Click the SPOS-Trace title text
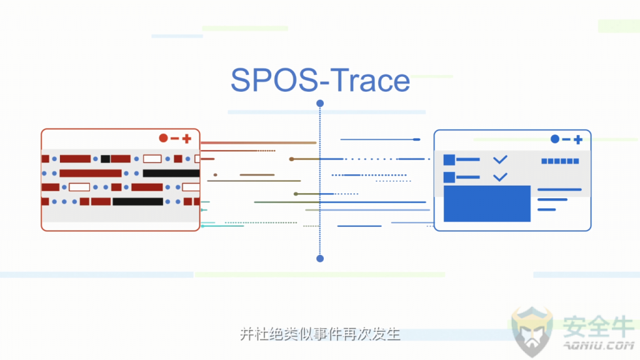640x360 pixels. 321,80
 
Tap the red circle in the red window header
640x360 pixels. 163,138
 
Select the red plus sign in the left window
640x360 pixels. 187,139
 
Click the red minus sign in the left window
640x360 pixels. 175,139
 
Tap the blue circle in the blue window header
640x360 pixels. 555,139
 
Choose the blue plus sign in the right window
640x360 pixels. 578,140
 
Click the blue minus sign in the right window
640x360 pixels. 566,139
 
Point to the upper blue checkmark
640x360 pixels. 500,159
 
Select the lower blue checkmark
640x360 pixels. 500,177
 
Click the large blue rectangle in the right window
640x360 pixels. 487,204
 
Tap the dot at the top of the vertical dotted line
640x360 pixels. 320,103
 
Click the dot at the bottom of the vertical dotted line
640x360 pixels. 320,258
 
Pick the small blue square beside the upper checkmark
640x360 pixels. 449,159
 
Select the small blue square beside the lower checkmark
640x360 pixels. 449,177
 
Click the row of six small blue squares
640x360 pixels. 560,161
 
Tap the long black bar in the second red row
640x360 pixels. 171,174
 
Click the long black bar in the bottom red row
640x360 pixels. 138,202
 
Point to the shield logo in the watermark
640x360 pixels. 532,331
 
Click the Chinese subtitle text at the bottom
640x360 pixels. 320,334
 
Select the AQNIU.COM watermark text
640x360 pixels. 599,345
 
